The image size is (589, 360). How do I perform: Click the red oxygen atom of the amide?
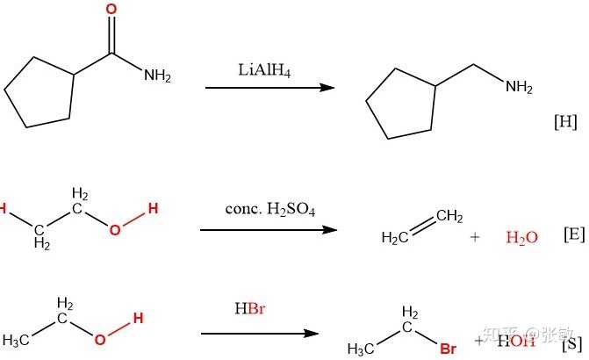click(111, 10)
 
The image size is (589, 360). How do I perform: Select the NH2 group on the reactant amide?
click(157, 76)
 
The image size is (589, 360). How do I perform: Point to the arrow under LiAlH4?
click(269, 88)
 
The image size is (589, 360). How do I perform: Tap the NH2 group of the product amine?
click(519, 87)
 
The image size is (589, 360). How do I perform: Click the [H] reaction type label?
click(565, 122)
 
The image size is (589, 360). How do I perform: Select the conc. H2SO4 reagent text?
click(269, 211)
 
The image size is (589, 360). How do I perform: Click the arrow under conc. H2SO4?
click(269, 230)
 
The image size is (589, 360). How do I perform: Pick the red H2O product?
click(522, 237)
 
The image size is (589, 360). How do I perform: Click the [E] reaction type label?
click(573, 235)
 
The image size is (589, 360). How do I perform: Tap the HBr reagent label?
click(250, 309)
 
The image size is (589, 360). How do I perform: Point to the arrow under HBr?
click(259, 334)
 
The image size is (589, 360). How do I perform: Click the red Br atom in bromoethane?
click(448, 349)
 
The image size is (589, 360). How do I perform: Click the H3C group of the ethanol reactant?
click(18, 340)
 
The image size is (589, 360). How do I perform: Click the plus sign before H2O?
click(475, 237)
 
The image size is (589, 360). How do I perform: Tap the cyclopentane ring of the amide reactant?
click(40, 92)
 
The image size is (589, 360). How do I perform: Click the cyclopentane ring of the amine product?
click(400, 104)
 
